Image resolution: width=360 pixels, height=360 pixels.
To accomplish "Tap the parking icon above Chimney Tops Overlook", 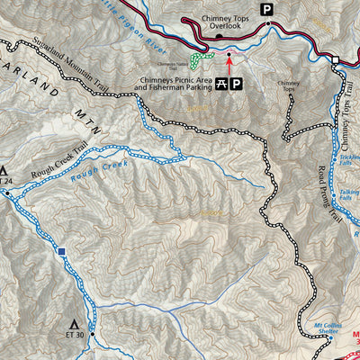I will (x=265, y=9).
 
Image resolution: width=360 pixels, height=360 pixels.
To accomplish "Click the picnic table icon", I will (x=220, y=85).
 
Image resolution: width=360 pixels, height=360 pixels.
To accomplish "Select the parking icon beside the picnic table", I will (x=236, y=85).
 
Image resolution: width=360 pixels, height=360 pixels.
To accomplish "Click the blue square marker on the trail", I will (x=61, y=253).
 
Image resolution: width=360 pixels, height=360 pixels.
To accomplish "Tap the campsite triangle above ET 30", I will (x=75, y=323).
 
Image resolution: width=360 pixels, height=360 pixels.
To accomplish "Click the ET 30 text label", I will (x=75, y=336).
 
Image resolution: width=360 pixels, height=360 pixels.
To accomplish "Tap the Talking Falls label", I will (x=349, y=195).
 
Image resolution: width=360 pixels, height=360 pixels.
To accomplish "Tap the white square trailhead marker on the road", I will (x=335, y=59).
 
